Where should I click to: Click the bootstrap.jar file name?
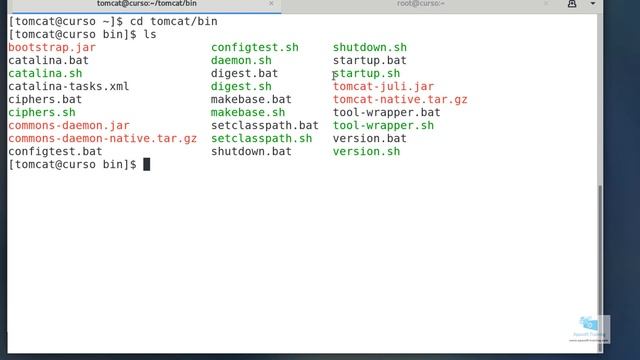coord(52,48)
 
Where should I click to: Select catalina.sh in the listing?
coord(45,74)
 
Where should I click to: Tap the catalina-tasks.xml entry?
coord(68,87)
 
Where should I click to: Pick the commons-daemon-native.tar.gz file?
coord(102,139)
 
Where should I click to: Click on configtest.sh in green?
coord(255,48)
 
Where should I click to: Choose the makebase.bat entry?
coord(251,100)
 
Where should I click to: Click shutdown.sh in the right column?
coord(370,48)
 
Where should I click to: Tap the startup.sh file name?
coord(367,74)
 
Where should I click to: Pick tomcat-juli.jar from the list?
coord(383,87)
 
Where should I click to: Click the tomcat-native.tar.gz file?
coord(400,100)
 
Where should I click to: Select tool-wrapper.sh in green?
coord(383,126)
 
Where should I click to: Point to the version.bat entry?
coord(370,139)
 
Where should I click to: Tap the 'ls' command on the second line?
coord(151,35)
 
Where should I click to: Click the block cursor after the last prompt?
coord(147,165)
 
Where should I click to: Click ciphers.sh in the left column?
coord(42,113)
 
